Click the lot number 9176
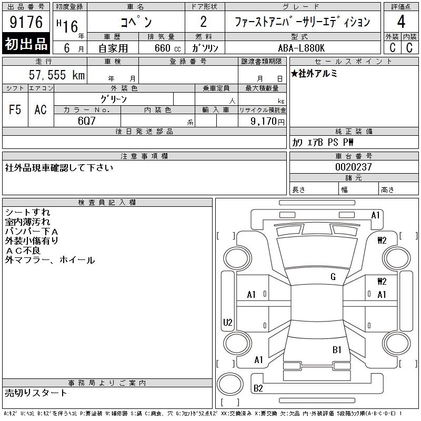click(x=27, y=22)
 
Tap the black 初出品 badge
click(x=26, y=44)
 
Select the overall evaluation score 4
click(x=402, y=22)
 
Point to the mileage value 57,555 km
click(x=56, y=75)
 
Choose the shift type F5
click(x=15, y=109)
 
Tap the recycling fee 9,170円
click(x=268, y=121)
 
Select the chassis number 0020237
click(x=354, y=167)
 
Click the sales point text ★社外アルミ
click(x=314, y=74)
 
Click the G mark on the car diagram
click(x=333, y=277)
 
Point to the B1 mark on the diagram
click(x=337, y=349)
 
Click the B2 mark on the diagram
click(x=258, y=388)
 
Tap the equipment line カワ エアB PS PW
click(x=323, y=143)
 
